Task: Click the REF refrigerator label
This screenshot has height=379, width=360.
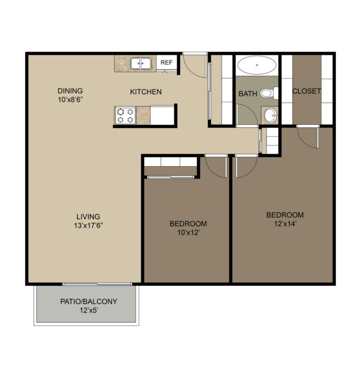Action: click(x=166, y=63)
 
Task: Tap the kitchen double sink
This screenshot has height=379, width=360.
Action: click(x=141, y=63)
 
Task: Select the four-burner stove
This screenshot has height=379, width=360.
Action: click(x=125, y=115)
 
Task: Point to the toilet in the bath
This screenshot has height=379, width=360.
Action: click(x=269, y=93)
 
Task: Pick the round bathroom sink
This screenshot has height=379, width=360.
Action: click(x=270, y=115)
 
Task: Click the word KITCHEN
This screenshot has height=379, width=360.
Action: click(x=146, y=92)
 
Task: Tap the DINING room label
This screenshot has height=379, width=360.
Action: click(x=70, y=91)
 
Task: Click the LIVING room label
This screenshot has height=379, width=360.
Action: click(x=88, y=217)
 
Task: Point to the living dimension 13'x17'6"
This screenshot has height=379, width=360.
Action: click(x=88, y=225)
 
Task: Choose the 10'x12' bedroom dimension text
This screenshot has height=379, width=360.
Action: click(x=188, y=233)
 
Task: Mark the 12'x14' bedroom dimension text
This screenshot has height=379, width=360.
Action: click(x=285, y=224)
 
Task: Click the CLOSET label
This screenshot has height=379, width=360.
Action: click(x=307, y=91)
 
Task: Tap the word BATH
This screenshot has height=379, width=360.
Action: click(x=248, y=94)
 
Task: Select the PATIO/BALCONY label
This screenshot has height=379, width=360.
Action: click(x=89, y=301)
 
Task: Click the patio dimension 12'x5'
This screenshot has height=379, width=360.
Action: click(x=89, y=310)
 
